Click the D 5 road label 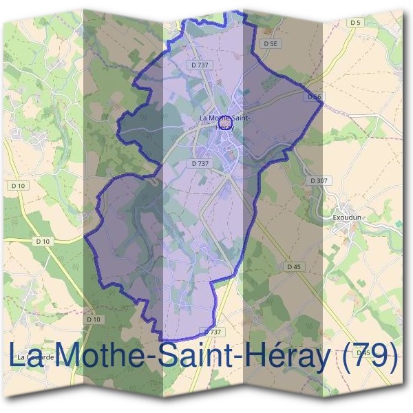pyautogui.click(x=355, y=23)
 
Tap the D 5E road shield pyautogui.click(x=271, y=43)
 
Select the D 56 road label pyautogui.click(x=315, y=97)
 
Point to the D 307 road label pyautogui.click(x=319, y=180)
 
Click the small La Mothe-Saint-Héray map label pyautogui.click(x=224, y=122)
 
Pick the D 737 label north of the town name pyautogui.click(x=198, y=65)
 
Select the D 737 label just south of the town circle pyautogui.click(x=198, y=163)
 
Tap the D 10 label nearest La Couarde pyautogui.click(x=94, y=319)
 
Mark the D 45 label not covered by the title pyautogui.click(x=293, y=266)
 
